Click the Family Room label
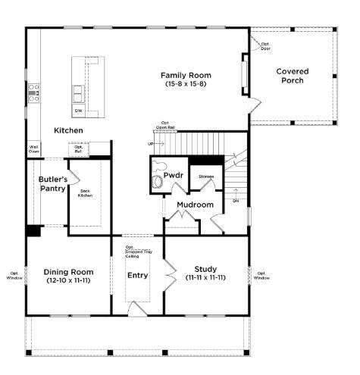coord(186,76)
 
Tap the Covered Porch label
coord(292,77)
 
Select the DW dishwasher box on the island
coord(78,111)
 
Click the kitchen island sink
coord(79,94)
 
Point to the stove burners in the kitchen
coord(33,92)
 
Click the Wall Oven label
coord(34,148)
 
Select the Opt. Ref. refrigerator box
coord(78,149)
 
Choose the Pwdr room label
coord(174,176)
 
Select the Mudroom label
coord(195,205)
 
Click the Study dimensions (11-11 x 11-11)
coord(206,278)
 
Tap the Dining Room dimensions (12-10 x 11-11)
coord(68,281)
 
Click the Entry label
coord(138,275)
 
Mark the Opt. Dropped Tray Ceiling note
coord(137,252)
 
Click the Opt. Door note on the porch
coord(265,45)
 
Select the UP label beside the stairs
coord(149,142)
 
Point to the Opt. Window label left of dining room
coord(14,276)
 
